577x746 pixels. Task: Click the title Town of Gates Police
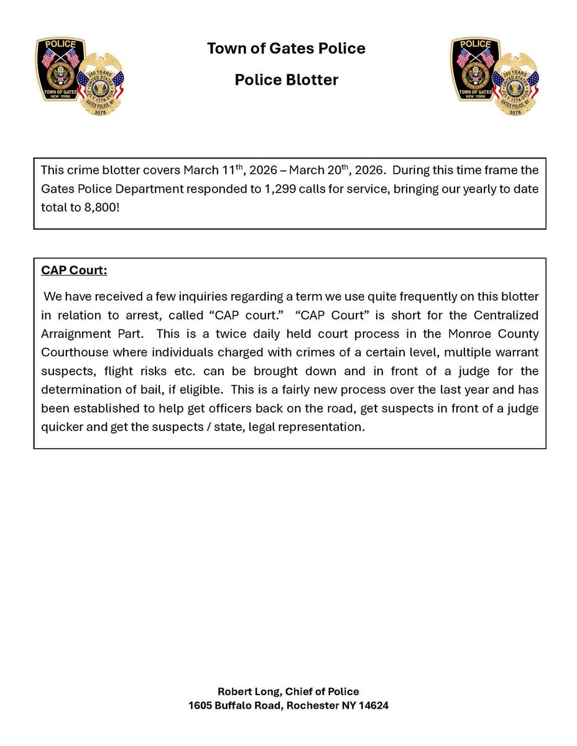[x=286, y=48]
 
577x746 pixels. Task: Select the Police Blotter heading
[x=286, y=80]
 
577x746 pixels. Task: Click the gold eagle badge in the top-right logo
[x=515, y=85]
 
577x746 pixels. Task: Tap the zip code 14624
[x=372, y=706]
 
